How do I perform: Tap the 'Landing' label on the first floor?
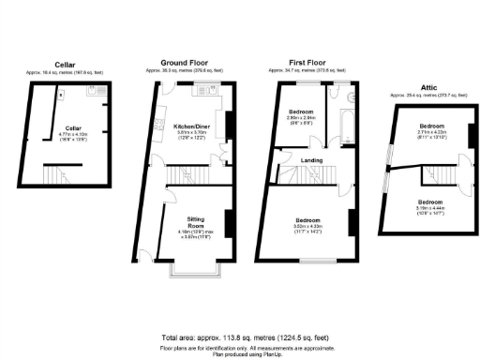coord(311,159)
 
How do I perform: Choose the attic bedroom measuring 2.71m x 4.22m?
coord(431,133)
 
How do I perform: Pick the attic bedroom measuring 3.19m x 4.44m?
coord(430,209)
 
